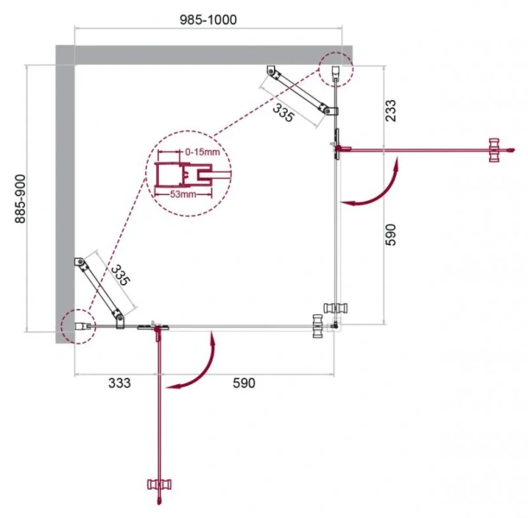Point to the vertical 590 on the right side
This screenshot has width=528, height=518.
click(x=391, y=234)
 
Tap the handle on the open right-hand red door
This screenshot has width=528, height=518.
click(x=496, y=148)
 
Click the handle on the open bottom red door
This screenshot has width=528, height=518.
click(x=159, y=490)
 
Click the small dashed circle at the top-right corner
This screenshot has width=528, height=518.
click(x=334, y=68)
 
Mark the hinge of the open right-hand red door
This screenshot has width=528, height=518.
click(x=338, y=149)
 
